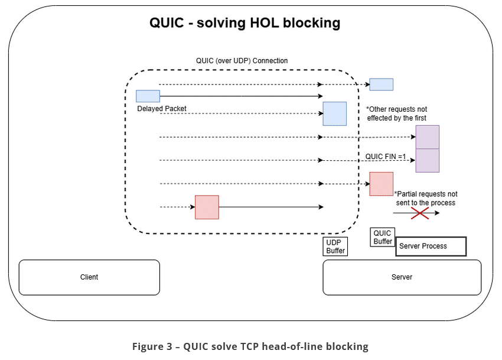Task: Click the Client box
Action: click(89, 277)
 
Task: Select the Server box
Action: click(402, 277)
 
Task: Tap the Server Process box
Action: click(431, 247)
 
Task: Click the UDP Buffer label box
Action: click(335, 247)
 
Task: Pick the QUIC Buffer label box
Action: click(383, 238)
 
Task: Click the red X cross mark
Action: click(419, 213)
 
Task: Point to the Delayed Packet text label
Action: click(162, 109)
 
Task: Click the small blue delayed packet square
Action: click(148, 96)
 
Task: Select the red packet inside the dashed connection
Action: click(207, 207)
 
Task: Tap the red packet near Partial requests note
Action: click(381, 184)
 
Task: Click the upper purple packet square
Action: click(427, 137)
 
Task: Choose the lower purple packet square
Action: click(427, 160)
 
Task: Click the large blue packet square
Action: click(334, 113)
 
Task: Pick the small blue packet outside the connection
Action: click(381, 85)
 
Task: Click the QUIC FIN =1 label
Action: click(386, 157)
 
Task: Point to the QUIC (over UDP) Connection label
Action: click(242, 61)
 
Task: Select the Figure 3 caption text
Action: click(250, 346)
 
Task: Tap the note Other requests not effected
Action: click(396, 113)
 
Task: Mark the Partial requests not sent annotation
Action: click(425, 198)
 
